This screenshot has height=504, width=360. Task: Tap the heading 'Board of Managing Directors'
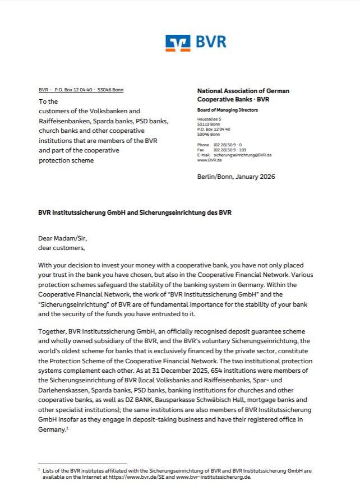pyautogui.click(x=223, y=110)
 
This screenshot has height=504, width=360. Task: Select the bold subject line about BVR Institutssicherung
pyautogui.click(x=135, y=212)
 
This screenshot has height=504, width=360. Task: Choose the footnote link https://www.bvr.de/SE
pyautogui.click(x=155, y=477)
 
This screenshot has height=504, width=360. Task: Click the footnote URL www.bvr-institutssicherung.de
pyautogui.click(x=214, y=477)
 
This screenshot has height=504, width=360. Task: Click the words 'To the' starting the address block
pyautogui.click(x=48, y=101)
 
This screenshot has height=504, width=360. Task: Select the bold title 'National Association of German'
pyautogui.click(x=243, y=91)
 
